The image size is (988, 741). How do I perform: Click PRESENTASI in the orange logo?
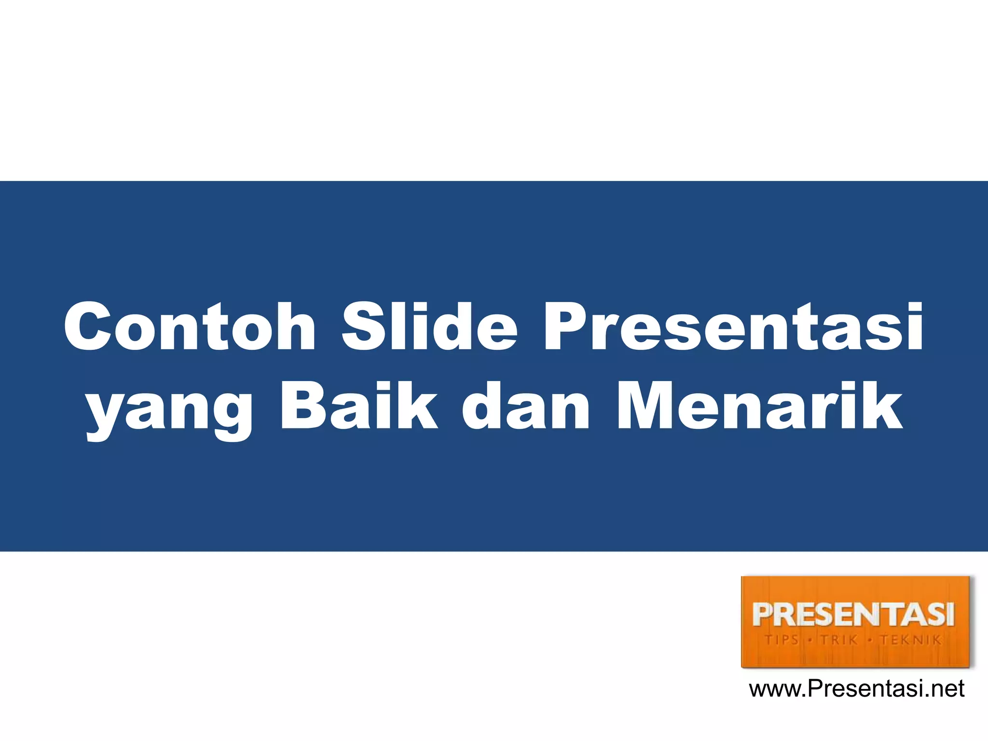[x=853, y=615]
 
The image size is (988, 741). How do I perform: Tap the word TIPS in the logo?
[x=782, y=640]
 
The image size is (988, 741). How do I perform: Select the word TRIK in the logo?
[x=840, y=640]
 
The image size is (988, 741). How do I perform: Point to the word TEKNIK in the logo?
[x=910, y=640]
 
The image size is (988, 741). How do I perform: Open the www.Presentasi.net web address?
[x=856, y=689]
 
